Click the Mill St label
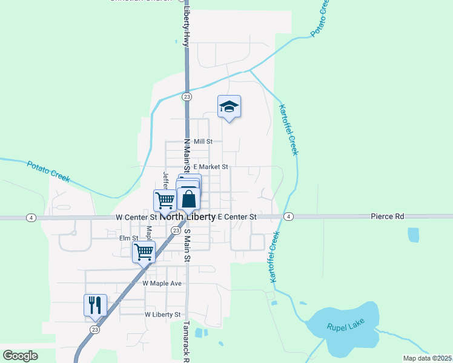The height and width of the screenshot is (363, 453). [203, 142]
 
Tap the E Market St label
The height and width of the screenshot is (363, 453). [210, 167]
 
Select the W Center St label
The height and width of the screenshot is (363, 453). [136, 217]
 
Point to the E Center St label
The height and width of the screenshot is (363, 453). [237, 217]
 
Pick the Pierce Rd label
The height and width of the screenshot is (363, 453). [387, 216]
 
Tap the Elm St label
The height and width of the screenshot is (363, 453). [128, 238]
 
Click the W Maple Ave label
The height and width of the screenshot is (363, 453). [162, 283]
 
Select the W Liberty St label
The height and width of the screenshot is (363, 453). [163, 315]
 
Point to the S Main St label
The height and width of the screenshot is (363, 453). [188, 246]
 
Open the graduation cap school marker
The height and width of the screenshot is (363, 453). [229, 107]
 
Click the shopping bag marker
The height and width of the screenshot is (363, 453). [188, 198]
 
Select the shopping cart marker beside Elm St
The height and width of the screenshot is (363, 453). [144, 251]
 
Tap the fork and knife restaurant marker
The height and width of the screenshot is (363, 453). [95, 305]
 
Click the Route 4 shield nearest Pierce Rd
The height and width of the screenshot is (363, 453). [289, 217]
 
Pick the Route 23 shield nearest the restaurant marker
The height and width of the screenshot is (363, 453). [94, 329]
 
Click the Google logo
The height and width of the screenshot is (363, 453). [20, 356]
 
